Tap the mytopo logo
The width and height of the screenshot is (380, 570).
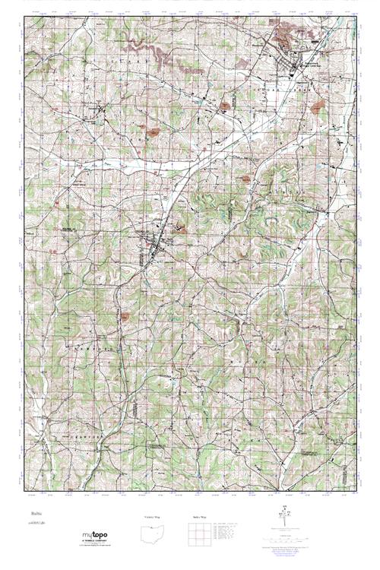coord(97,536)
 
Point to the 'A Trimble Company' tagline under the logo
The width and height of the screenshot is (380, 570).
coord(97,542)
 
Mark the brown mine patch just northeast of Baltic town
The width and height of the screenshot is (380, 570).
coord(181,226)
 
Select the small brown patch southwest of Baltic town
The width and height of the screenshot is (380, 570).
coord(125,312)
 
